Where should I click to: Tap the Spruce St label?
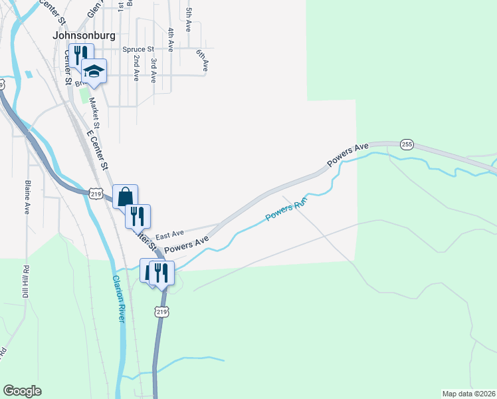138,49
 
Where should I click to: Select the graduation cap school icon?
94,72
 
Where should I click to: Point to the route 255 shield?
407,144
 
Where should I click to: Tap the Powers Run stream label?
288,212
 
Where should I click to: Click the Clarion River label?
118,299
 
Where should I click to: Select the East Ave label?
169,235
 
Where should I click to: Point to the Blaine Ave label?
28,197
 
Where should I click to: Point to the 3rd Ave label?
153,70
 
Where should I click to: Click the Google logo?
22,391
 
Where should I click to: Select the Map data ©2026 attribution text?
468,394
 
